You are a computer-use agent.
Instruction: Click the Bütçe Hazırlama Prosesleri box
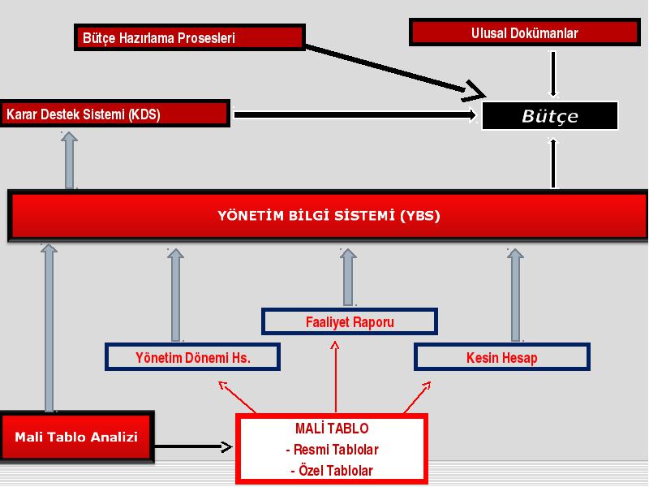(x=190, y=37)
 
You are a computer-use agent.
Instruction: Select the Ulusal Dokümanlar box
(x=524, y=32)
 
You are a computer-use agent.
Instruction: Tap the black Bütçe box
(x=550, y=115)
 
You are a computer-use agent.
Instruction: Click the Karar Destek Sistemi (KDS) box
(x=115, y=114)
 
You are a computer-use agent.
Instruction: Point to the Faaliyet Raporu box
(x=350, y=321)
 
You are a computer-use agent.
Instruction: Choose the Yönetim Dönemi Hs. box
(x=192, y=357)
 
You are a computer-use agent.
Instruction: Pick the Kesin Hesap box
(x=502, y=357)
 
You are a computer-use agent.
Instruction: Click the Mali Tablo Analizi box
(x=77, y=437)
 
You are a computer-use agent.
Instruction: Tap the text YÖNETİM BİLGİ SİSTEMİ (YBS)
(x=329, y=215)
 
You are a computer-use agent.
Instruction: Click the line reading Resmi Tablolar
(x=332, y=450)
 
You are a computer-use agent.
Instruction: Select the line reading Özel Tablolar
(x=332, y=471)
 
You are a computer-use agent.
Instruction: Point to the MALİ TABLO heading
(x=332, y=429)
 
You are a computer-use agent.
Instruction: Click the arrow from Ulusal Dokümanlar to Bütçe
(x=553, y=74)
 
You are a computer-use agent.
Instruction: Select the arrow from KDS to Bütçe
(x=355, y=114)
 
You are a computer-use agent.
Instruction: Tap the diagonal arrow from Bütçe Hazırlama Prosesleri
(x=395, y=71)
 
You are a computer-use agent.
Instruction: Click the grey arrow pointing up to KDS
(x=69, y=160)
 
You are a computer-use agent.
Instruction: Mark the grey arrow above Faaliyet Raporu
(x=348, y=278)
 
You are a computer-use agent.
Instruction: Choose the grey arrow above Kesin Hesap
(x=515, y=295)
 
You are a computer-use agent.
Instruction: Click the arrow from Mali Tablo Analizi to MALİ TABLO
(x=193, y=446)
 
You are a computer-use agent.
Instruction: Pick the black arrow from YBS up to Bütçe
(x=553, y=163)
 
